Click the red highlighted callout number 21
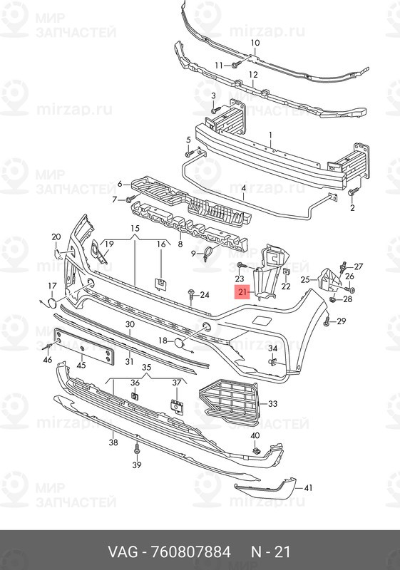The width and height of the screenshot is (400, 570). point(243,291)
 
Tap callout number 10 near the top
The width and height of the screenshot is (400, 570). point(255,43)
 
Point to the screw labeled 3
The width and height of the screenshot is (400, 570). point(216,109)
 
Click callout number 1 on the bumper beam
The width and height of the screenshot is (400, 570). point(270,135)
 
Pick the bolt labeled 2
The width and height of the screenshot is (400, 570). point(353,191)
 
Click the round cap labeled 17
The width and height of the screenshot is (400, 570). point(52,304)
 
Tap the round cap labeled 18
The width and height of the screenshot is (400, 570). point(179,342)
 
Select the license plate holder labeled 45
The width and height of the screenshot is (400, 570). point(83,346)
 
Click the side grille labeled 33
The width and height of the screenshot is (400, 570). point(228,403)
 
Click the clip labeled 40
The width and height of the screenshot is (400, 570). point(257,451)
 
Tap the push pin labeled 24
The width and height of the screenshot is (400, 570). point(191,294)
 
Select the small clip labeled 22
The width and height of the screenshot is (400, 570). point(286,271)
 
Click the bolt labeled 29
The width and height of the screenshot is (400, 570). point(327,321)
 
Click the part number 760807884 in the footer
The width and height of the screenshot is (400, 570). point(190,551)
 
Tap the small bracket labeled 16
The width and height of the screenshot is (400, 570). point(160,284)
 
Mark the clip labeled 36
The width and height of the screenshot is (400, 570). point(135,396)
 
